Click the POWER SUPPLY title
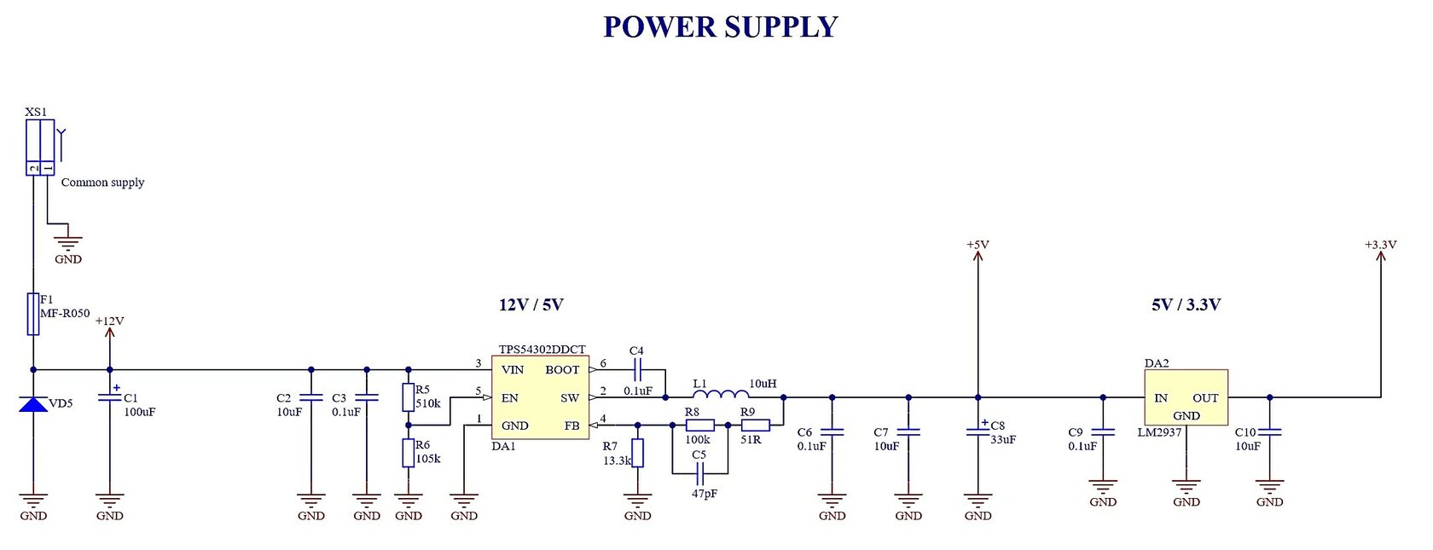(x=721, y=27)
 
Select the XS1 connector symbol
(x=40, y=148)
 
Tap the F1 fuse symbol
(x=33, y=314)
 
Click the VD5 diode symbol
(x=33, y=403)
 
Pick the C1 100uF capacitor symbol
(x=109, y=397)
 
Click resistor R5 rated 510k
(x=409, y=397)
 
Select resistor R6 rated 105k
(x=409, y=453)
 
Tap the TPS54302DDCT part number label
(x=542, y=350)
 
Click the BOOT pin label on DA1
(x=562, y=370)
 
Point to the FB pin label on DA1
(x=571, y=426)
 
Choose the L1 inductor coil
(x=721, y=393)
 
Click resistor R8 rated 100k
(x=700, y=425)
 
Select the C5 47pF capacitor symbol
(x=699, y=472)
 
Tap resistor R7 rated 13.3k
(x=637, y=453)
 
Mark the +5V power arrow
(x=978, y=260)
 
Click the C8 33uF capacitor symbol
(x=978, y=431)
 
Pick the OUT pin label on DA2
(x=1205, y=398)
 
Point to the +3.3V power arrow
(x=1380, y=260)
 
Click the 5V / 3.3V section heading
(x=1186, y=305)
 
